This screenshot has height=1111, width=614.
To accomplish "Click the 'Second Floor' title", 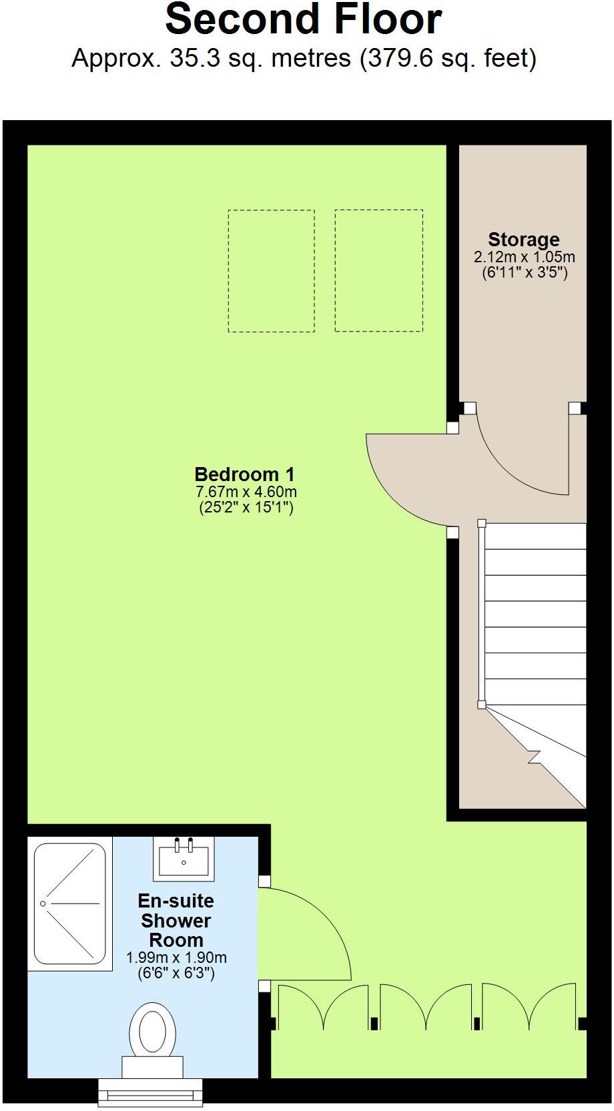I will click(304, 20).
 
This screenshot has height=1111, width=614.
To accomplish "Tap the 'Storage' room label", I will click(523, 240).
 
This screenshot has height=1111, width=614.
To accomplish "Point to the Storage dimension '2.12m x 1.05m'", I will click(524, 257).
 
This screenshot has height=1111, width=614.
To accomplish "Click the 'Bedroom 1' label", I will click(244, 474).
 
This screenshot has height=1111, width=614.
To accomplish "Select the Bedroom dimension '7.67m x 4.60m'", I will click(246, 492).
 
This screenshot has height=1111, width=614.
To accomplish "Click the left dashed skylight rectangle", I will click(271, 270).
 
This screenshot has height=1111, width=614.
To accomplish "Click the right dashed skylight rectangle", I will click(378, 270).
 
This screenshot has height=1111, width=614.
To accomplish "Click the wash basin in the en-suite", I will click(184, 857).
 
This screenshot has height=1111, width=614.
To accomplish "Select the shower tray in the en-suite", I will click(70, 903).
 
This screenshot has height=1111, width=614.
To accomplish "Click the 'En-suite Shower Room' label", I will click(176, 920).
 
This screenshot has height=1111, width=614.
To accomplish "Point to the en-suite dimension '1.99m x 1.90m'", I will click(176, 958).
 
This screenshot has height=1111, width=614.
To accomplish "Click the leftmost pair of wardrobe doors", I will click(322, 1008).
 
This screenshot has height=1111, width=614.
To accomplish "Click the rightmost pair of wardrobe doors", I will click(529, 1008).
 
